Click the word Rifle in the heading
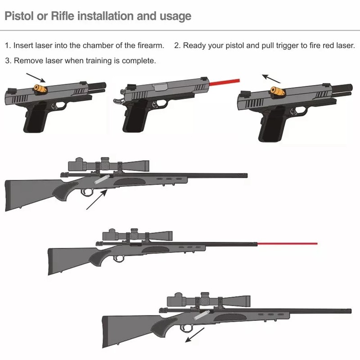(x=63, y=16)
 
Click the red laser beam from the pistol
(x=225, y=82)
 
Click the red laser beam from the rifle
(x=288, y=243)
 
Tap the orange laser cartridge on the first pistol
(x=40, y=89)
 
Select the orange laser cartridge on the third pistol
(x=278, y=91)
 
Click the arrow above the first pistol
(x=36, y=77)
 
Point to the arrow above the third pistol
(x=271, y=78)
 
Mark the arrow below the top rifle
(x=97, y=199)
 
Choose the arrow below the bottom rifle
(x=195, y=335)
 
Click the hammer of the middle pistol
(x=118, y=100)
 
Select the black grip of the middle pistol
(x=135, y=117)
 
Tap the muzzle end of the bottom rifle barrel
(x=351, y=311)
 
